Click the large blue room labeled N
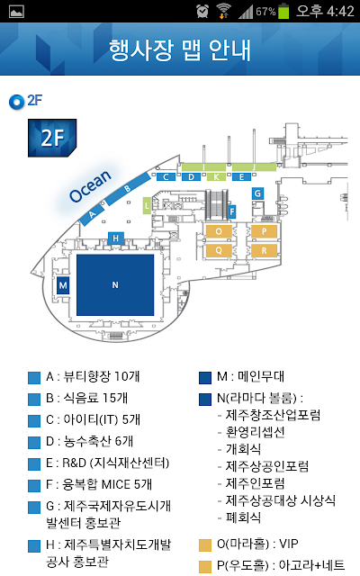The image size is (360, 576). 115,284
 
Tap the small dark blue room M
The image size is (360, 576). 63,285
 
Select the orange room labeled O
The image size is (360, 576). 219,231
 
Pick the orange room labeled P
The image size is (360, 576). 264,231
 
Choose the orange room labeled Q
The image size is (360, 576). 219,250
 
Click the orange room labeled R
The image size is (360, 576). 264,250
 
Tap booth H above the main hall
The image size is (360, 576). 116,238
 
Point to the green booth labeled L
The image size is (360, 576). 147,206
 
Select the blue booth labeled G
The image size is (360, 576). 257,193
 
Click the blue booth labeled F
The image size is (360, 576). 232,211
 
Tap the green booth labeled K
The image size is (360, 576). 216,177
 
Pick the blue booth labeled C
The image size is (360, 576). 166,177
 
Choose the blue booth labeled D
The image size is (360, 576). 191,177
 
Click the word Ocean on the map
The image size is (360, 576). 90,186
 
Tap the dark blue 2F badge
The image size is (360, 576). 52,138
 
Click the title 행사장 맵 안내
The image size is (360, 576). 180,50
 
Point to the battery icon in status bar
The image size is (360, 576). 283,11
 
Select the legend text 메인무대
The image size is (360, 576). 261,376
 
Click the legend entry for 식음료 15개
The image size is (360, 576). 86,398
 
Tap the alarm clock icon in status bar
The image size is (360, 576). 202,11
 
